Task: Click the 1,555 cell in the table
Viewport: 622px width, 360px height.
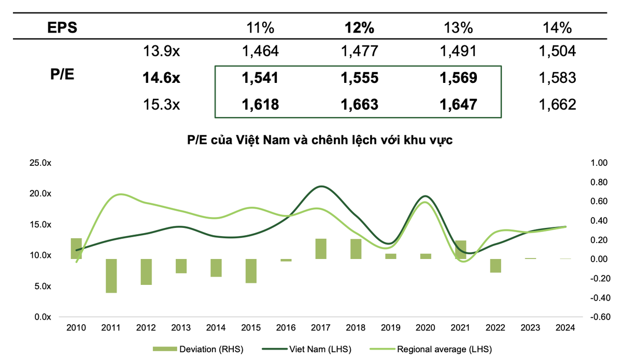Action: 359,78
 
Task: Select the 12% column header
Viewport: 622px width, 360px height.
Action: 359,27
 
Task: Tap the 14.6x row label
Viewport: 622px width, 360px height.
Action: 161,78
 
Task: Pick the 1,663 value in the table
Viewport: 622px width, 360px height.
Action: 359,105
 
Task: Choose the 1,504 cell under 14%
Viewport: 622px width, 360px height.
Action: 556,51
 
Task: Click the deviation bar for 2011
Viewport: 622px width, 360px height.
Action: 111,276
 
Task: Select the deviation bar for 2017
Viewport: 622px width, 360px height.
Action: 321,249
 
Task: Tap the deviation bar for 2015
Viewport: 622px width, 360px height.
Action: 251,270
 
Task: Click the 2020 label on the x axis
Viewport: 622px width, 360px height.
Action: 426,327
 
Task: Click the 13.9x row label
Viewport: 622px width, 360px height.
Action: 161,51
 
